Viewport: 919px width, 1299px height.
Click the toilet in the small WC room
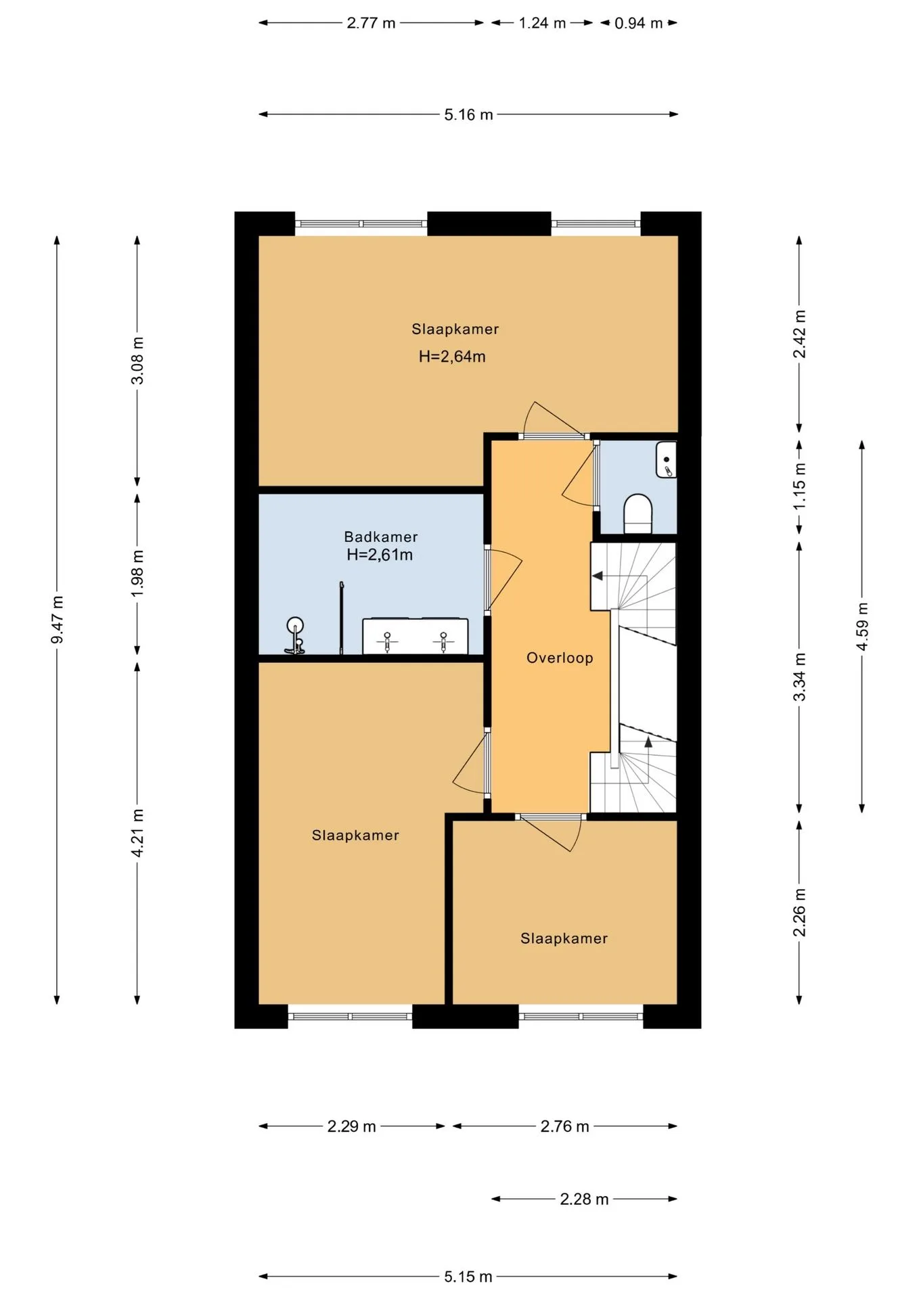[637, 514]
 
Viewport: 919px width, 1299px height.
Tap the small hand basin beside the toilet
[666, 459]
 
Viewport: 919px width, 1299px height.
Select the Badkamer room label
[381, 537]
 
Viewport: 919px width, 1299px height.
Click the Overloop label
[560, 658]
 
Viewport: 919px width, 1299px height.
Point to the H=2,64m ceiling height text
[452, 357]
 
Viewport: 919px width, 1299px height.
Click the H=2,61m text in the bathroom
[380, 555]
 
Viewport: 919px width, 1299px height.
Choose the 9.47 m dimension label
[58, 620]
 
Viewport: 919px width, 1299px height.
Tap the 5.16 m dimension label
[468, 115]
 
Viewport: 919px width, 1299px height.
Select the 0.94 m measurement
[639, 23]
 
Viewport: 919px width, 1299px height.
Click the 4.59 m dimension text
[862, 626]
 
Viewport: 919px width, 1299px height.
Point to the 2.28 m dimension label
[584, 1200]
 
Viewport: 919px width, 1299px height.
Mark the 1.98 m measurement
[137, 573]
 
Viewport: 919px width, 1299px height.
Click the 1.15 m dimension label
[800, 486]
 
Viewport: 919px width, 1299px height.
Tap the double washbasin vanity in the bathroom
[415, 636]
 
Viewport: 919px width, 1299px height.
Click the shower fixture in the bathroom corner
[295, 635]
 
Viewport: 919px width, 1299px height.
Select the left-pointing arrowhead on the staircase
[598, 576]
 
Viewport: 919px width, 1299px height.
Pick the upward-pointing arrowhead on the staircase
[648, 742]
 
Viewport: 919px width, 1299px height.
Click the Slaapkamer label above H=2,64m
[455, 329]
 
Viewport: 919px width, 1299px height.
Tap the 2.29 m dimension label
[352, 1126]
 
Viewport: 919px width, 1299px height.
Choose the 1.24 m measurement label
[542, 23]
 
